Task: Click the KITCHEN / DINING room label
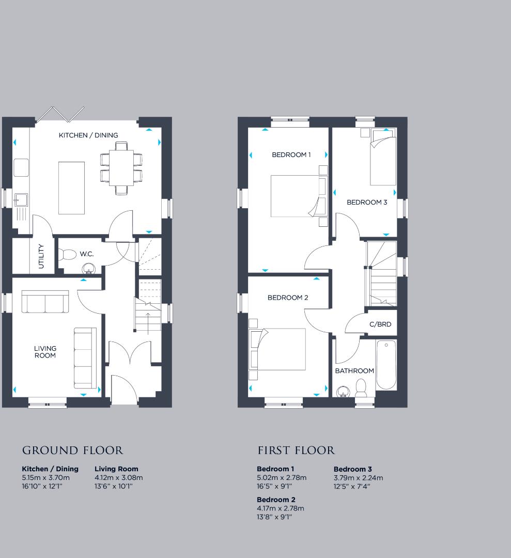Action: point(88,135)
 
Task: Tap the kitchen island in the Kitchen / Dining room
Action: point(71,188)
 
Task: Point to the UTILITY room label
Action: point(41,256)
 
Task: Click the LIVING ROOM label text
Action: point(45,352)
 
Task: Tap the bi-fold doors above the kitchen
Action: point(59,114)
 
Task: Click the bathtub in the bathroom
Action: point(386,365)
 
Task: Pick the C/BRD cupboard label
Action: point(380,324)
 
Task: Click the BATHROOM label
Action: point(354,371)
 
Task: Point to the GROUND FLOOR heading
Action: point(73,451)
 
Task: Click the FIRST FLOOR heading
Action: point(296,451)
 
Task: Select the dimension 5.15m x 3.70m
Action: point(45,477)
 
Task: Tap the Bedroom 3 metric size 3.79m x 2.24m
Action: point(358,477)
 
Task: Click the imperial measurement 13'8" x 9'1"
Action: point(274,517)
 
